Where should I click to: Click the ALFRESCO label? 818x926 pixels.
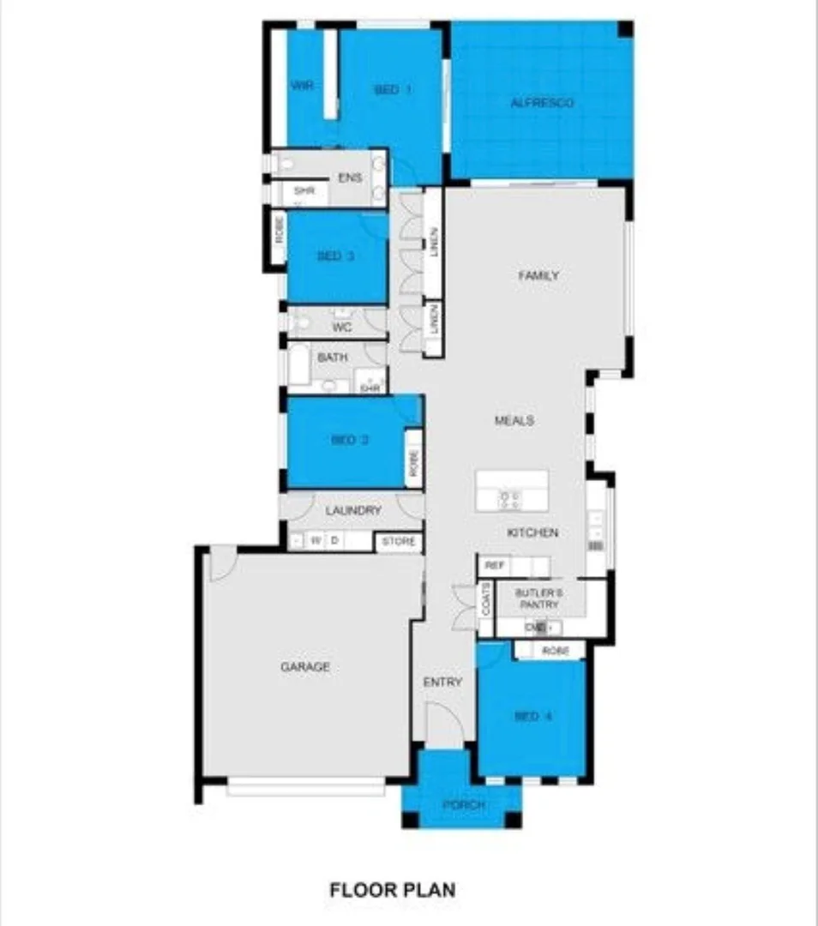[x=541, y=103]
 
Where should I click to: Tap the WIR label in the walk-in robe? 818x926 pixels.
[x=301, y=86]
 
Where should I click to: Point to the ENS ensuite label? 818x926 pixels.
[x=349, y=178]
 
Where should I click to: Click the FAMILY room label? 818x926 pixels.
[x=538, y=275]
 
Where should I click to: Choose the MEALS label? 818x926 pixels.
[x=514, y=420]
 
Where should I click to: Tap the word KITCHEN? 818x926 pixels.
[x=532, y=532]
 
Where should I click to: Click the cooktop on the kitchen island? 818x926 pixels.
[x=510, y=498]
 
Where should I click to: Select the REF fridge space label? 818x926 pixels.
[x=494, y=566]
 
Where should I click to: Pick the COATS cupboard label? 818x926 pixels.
[x=486, y=599]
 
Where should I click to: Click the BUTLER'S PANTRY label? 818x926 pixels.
[x=538, y=598]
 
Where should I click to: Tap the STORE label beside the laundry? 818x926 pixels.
[x=399, y=542]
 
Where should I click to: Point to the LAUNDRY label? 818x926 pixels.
[x=353, y=510]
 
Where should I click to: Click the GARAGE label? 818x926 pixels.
[x=305, y=666]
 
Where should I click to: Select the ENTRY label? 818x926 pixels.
[x=442, y=682]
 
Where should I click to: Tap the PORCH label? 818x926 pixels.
[x=463, y=806]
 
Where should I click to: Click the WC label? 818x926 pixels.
[x=341, y=328]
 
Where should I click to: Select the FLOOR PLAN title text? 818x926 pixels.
[x=392, y=890]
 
